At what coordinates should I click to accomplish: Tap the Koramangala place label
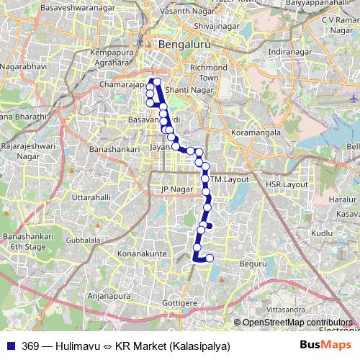(x=257, y=133)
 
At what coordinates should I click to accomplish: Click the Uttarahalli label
(x=92, y=197)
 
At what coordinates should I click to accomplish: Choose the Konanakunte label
(x=142, y=253)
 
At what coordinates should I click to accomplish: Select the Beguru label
(x=253, y=264)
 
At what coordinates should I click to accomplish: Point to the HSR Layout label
(x=287, y=185)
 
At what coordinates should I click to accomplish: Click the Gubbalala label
(x=83, y=240)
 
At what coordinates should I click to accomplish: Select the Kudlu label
(x=323, y=233)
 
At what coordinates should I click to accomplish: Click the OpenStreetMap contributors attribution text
(x=297, y=323)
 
